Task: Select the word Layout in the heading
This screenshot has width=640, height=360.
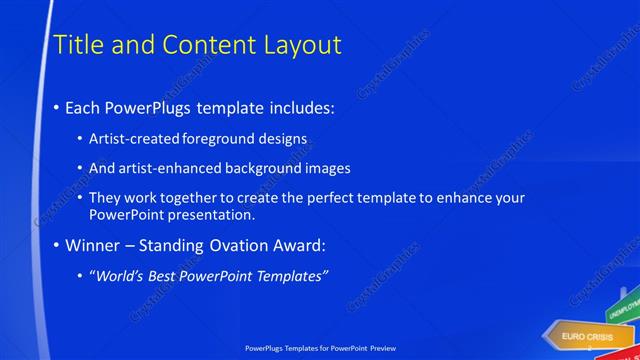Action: pos(302,45)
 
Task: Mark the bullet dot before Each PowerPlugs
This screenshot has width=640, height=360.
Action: pos(56,108)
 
